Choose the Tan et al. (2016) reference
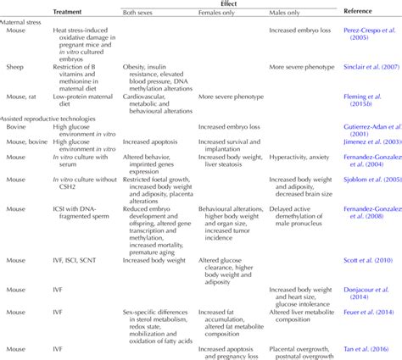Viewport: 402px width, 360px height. click(370, 346)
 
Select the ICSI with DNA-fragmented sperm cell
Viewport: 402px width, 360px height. click(81, 211)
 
